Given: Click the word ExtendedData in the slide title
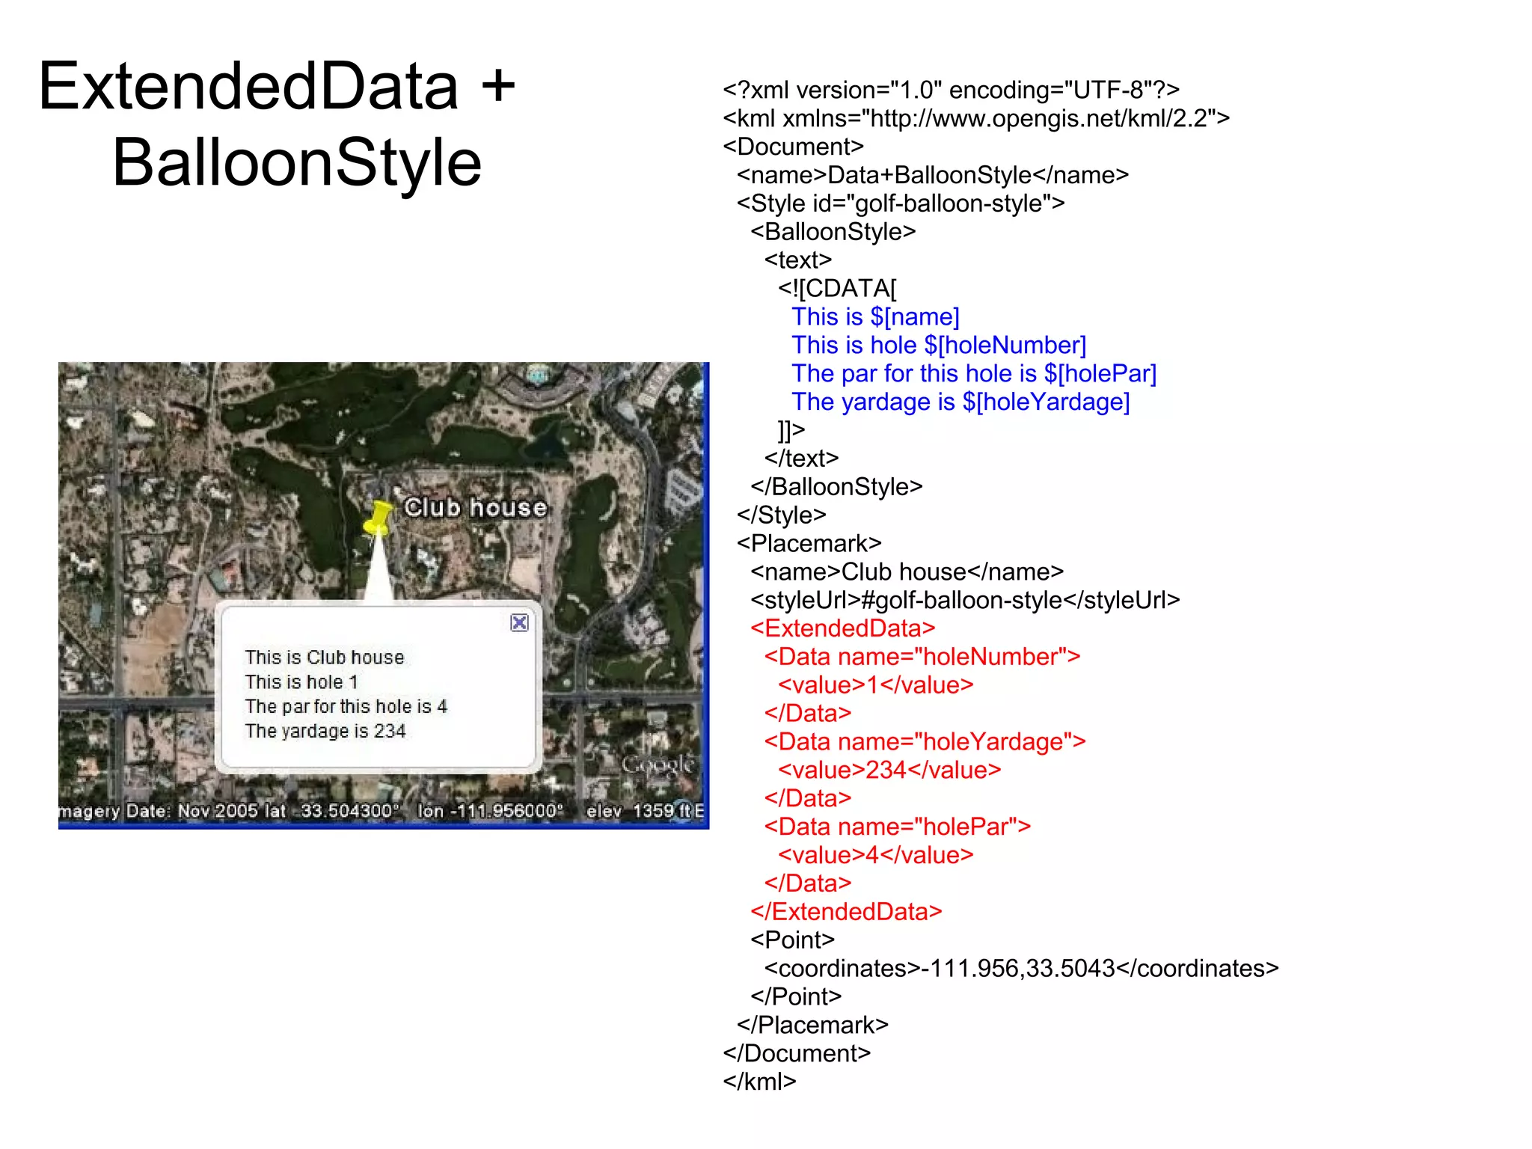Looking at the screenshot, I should click(x=248, y=87).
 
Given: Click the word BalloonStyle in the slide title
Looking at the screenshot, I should click(x=297, y=163).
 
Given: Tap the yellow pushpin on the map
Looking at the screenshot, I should click(x=379, y=517).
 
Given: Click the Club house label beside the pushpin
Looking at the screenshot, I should click(x=476, y=508).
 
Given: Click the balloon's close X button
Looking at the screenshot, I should click(x=519, y=622).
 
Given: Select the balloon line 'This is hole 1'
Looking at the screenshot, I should click(x=301, y=682).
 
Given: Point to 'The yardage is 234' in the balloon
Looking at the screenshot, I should click(x=325, y=731).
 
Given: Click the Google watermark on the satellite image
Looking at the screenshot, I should click(x=658, y=765).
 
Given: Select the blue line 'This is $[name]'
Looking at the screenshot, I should click(x=875, y=317).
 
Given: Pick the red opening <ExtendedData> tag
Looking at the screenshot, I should click(x=843, y=628).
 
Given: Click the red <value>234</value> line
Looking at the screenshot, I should click(x=889, y=770).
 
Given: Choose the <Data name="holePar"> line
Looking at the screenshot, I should click(x=898, y=827).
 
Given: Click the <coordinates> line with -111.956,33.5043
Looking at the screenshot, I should click(x=1021, y=969).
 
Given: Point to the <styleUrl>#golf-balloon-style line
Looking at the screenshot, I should click(x=965, y=600).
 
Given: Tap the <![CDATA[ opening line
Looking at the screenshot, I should click(x=837, y=289).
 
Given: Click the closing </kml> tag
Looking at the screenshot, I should click(x=759, y=1082).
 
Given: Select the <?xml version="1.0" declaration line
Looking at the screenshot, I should click(x=951, y=91).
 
